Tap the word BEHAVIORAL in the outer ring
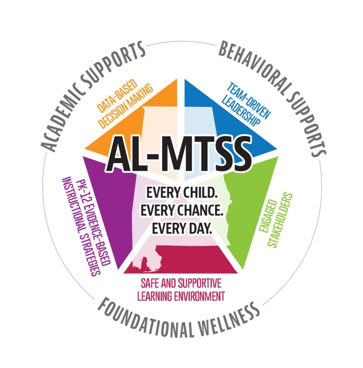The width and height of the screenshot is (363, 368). pyautogui.click(x=253, y=64)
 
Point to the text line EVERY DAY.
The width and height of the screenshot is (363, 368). pyautogui.click(x=181, y=227)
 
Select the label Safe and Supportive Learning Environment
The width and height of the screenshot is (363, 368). pyautogui.click(x=181, y=289)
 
